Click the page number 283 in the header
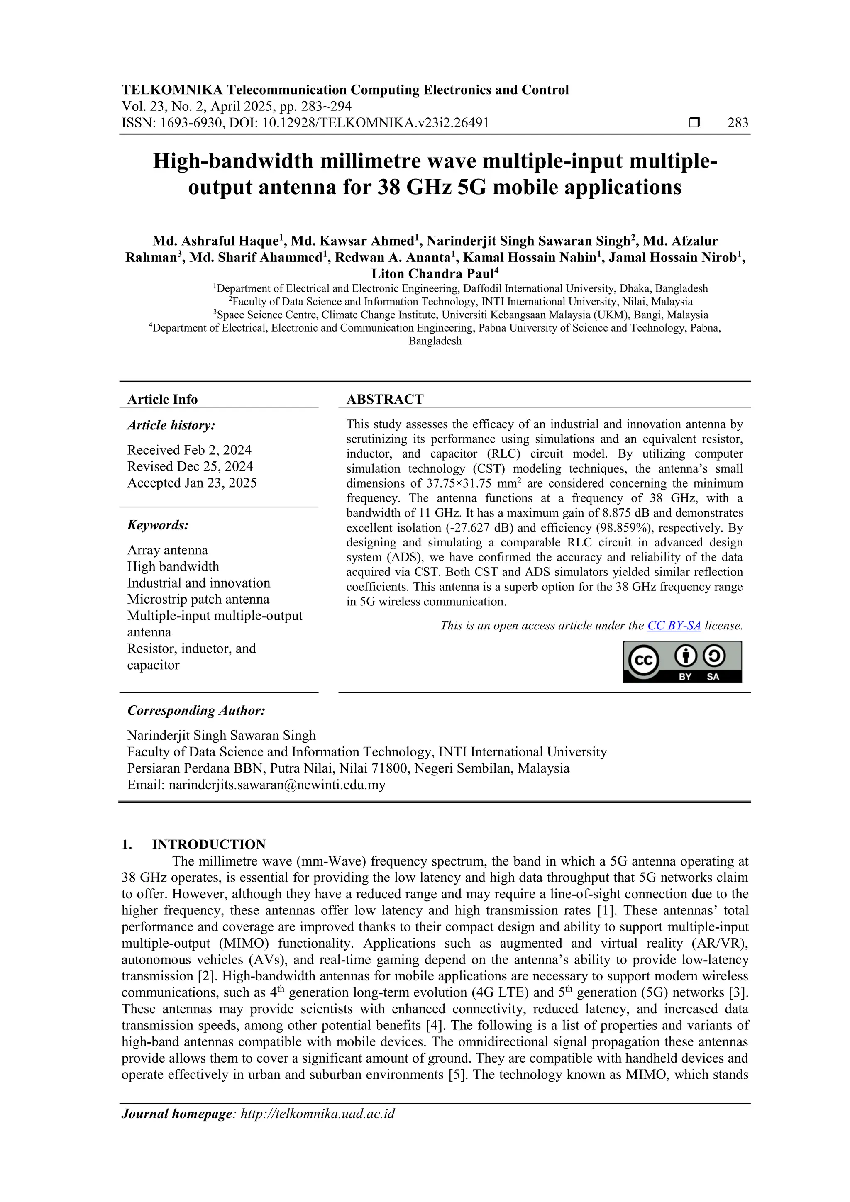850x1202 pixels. pyautogui.click(x=738, y=123)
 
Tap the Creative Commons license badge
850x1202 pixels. pyautogui.click(x=682, y=662)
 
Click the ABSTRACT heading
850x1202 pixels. pyautogui.click(x=384, y=400)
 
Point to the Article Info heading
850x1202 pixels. pyautogui.click(x=162, y=400)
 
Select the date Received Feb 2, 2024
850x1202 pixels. pyautogui.click(x=189, y=450)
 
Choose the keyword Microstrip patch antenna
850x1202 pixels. pyautogui.click(x=198, y=600)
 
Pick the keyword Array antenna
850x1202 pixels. pyautogui.click(x=167, y=550)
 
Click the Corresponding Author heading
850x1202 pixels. pyautogui.click(x=196, y=711)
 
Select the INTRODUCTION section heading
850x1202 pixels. pyautogui.click(x=208, y=844)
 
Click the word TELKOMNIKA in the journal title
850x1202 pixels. pyautogui.click(x=172, y=90)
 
